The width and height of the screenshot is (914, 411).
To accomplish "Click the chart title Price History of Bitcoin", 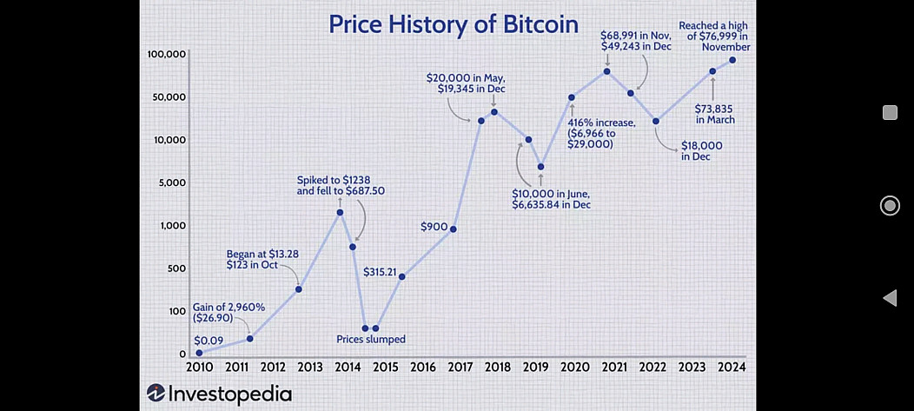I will pos(454,23).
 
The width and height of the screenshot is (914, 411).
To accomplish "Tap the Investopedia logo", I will pos(220,393).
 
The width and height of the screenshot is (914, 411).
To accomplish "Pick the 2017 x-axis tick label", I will pos(460,368).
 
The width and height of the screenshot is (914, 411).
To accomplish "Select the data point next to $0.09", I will pos(199,354).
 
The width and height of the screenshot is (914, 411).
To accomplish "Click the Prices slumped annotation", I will pos(371,339).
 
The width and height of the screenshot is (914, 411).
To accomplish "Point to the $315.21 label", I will pos(380,272).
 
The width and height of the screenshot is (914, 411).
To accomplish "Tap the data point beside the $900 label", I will pos(454,229).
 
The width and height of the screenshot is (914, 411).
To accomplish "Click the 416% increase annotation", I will pos(601,134).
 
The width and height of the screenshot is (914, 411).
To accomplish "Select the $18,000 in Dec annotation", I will pos(701,151).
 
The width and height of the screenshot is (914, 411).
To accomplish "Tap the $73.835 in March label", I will pos(715,114).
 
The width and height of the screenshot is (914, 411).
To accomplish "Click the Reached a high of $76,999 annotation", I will pos(714,36).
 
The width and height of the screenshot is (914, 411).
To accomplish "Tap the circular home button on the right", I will pos(890,205).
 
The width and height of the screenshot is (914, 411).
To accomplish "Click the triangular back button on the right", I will pos(889,298).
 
